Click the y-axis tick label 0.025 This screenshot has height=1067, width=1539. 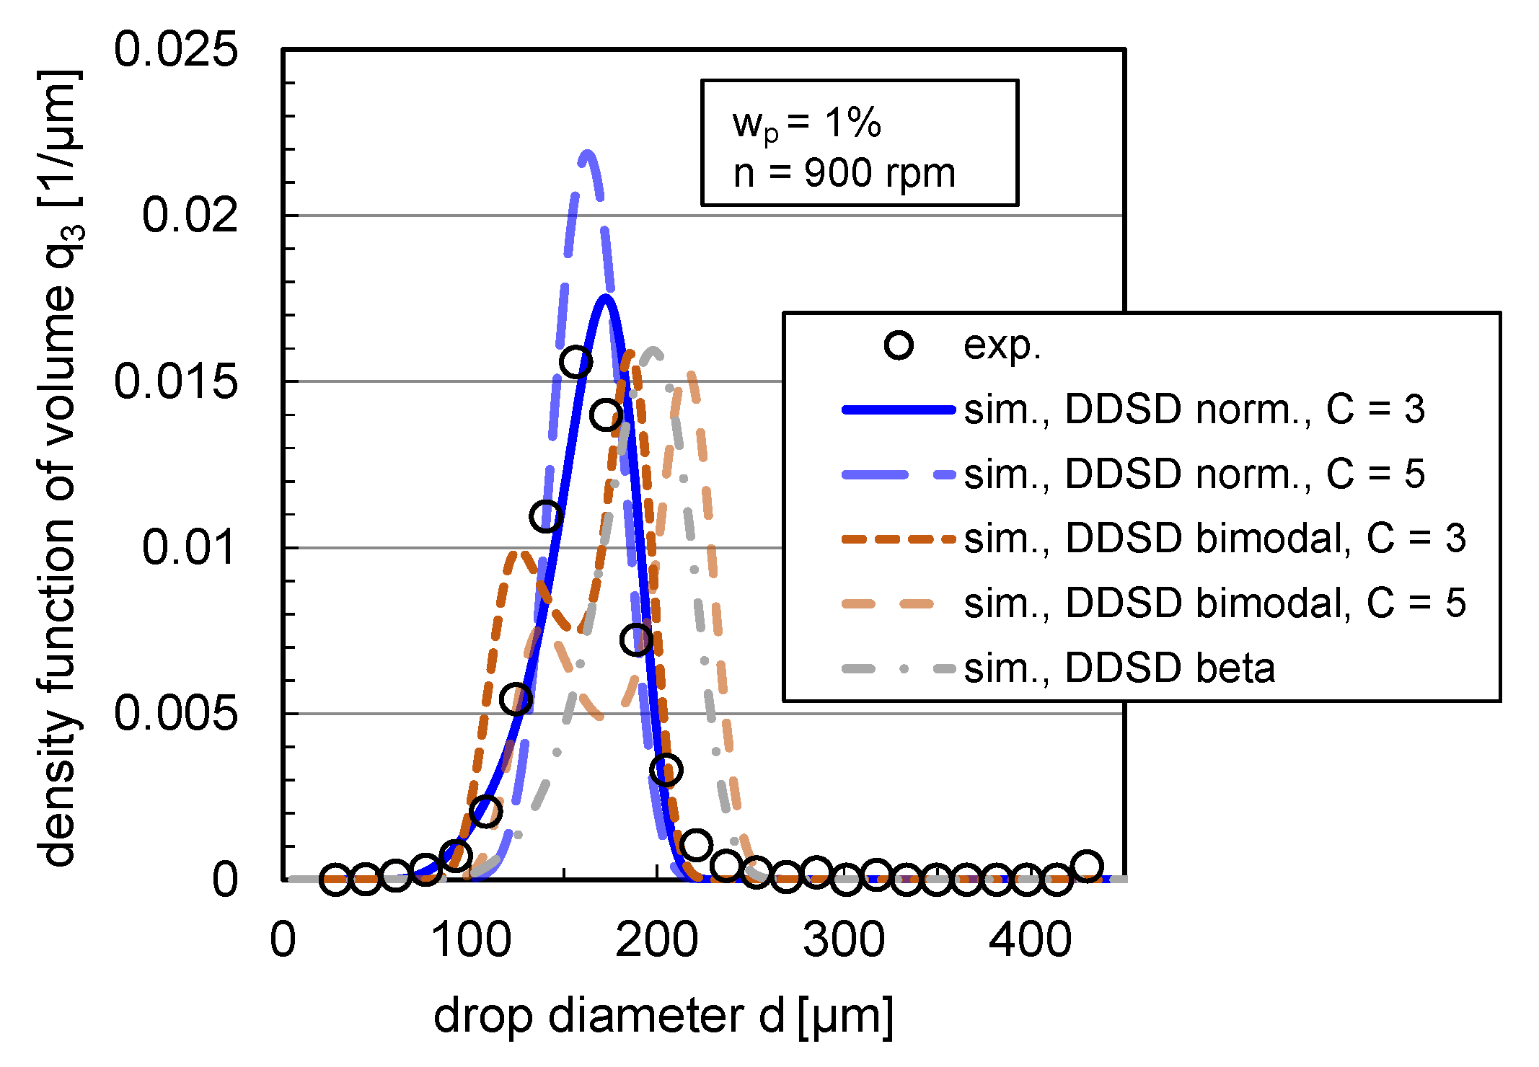point(175,50)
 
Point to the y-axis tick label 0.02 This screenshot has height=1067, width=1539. point(189,215)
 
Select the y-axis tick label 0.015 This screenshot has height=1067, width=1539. point(175,381)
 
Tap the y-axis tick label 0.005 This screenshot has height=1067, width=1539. point(175,714)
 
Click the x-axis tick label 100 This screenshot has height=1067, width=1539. point(470,940)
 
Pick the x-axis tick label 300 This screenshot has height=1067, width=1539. point(844,940)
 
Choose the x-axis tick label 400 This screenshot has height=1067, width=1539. point(1030,940)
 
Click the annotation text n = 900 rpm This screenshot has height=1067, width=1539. point(844,174)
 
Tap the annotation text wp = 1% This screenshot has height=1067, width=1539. point(806,123)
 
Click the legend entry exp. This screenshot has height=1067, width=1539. point(1002,345)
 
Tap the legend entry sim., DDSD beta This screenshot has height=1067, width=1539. point(1119,668)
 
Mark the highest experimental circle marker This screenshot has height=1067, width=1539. point(576,361)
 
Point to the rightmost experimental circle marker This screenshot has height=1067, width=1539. point(1087,866)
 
